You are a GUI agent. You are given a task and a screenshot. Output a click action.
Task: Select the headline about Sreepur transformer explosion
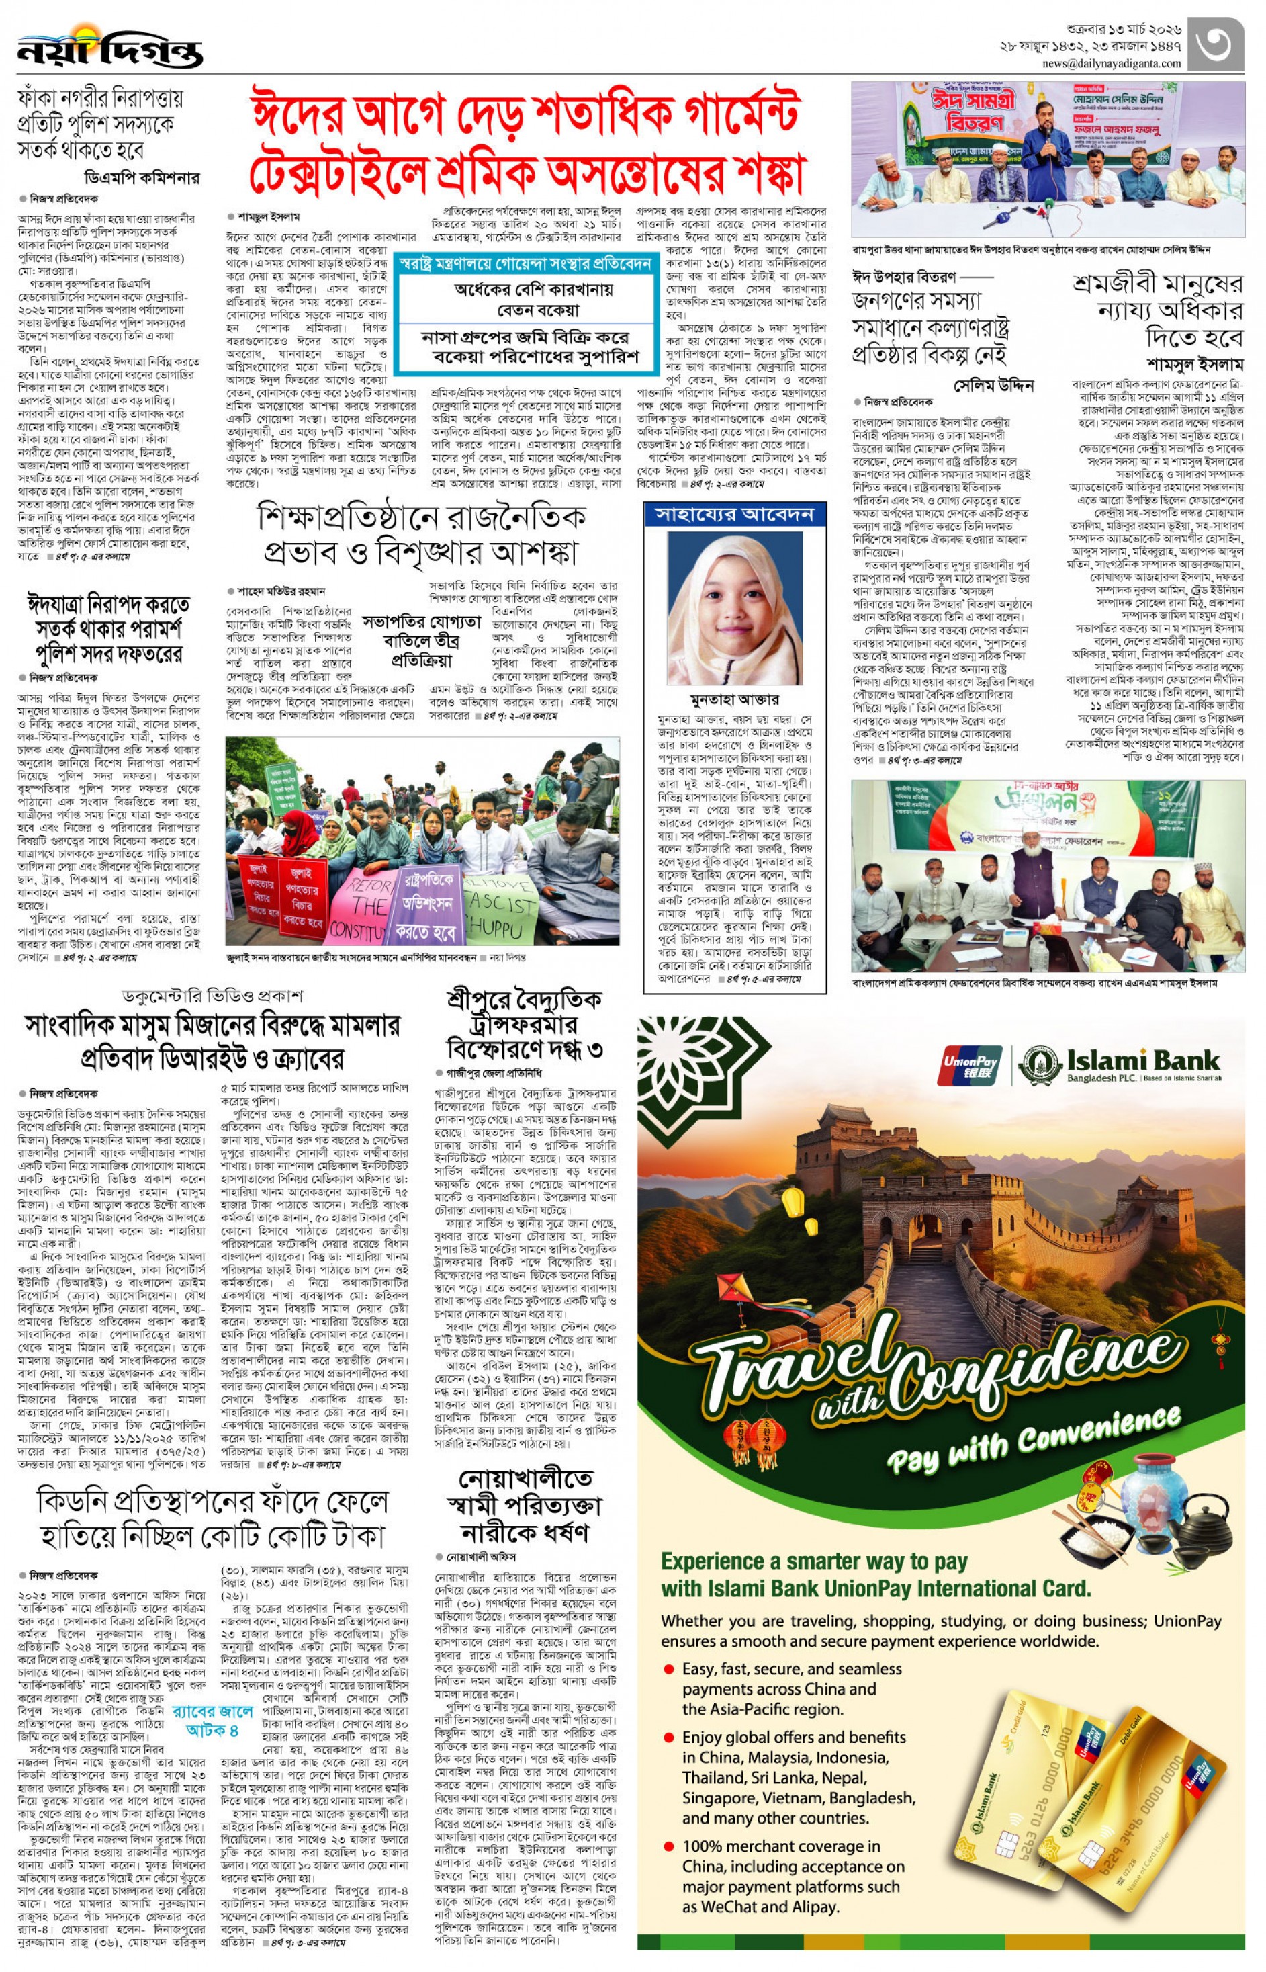524,1025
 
